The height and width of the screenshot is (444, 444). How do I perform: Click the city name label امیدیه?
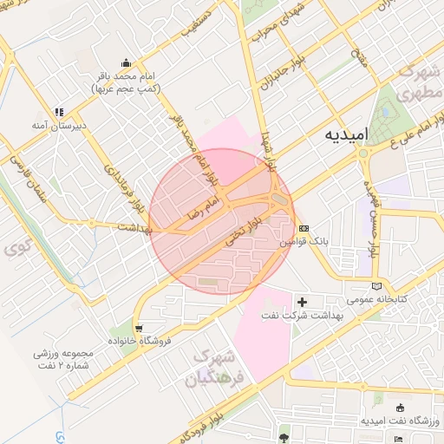pos(348,136)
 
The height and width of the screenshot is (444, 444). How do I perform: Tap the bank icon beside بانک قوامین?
pos(303,227)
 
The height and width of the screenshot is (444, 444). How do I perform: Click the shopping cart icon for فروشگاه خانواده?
pos(139,327)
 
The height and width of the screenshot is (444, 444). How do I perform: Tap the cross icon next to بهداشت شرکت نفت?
pos(302,302)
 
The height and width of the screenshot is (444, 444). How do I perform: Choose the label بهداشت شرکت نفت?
pos(272,316)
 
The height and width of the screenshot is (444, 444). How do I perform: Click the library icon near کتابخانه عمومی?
pos(375,285)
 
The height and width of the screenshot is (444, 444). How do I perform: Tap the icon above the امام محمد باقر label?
pos(127,63)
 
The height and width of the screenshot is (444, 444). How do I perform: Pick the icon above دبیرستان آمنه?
pos(60,112)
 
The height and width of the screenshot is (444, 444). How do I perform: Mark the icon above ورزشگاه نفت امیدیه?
pos(400,408)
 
